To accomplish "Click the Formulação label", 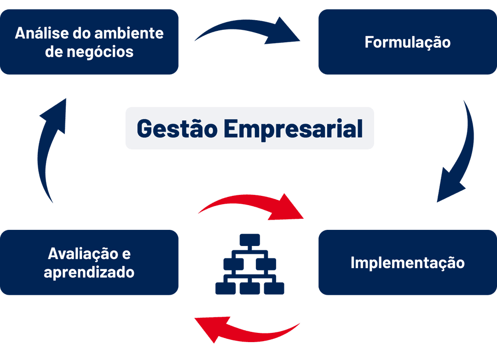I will coord(407,42).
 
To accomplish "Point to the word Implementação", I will coord(407,263).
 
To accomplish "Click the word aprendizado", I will coord(89,272).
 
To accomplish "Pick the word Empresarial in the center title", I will coord(290,128).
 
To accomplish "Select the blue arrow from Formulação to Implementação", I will coord(460,152).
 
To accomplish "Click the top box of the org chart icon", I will coord(249,240).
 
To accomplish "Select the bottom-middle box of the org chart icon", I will coord(249,288).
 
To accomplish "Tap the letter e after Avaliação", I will coord(127,254).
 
